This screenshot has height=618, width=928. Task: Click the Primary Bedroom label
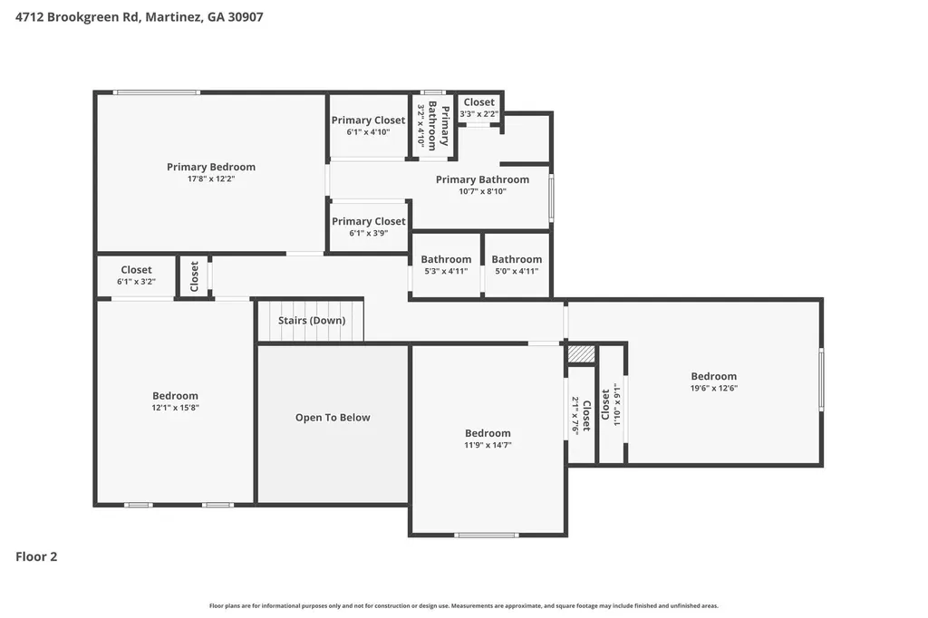(x=210, y=167)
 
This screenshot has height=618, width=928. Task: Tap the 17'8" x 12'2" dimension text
(x=211, y=179)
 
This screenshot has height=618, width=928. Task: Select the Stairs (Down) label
(x=312, y=320)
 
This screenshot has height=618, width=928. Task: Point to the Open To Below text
(x=333, y=418)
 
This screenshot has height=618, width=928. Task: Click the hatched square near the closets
(x=581, y=354)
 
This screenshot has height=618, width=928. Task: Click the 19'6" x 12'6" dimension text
(x=714, y=389)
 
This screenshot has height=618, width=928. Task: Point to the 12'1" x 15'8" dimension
(x=175, y=408)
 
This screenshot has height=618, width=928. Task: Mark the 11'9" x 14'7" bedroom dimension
(x=488, y=445)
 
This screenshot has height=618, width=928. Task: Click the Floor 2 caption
(x=36, y=556)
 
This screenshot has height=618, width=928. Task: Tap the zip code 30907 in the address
(x=246, y=17)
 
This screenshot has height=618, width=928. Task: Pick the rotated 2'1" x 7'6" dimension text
(x=575, y=416)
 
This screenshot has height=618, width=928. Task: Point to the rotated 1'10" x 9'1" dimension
(x=616, y=404)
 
